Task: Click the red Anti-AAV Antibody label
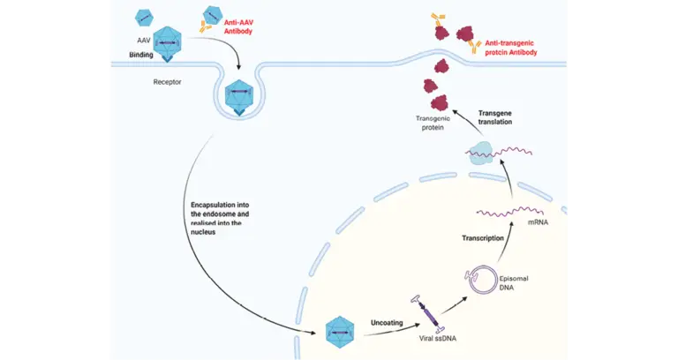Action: [237, 27]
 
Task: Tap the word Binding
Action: [141, 55]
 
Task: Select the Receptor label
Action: [168, 82]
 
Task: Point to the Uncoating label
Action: [387, 322]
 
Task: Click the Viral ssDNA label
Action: [438, 339]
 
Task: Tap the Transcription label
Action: [483, 238]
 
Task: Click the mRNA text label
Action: [538, 222]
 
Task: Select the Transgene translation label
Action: [495, 117]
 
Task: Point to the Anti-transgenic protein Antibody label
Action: [511, 48]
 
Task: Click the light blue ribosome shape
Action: [481, 153]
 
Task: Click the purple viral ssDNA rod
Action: [431, 314]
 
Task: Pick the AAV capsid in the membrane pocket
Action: [239, 95]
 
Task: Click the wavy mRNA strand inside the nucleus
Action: [509, 212]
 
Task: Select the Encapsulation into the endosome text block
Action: [220, 218]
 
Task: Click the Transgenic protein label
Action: [433, 123]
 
